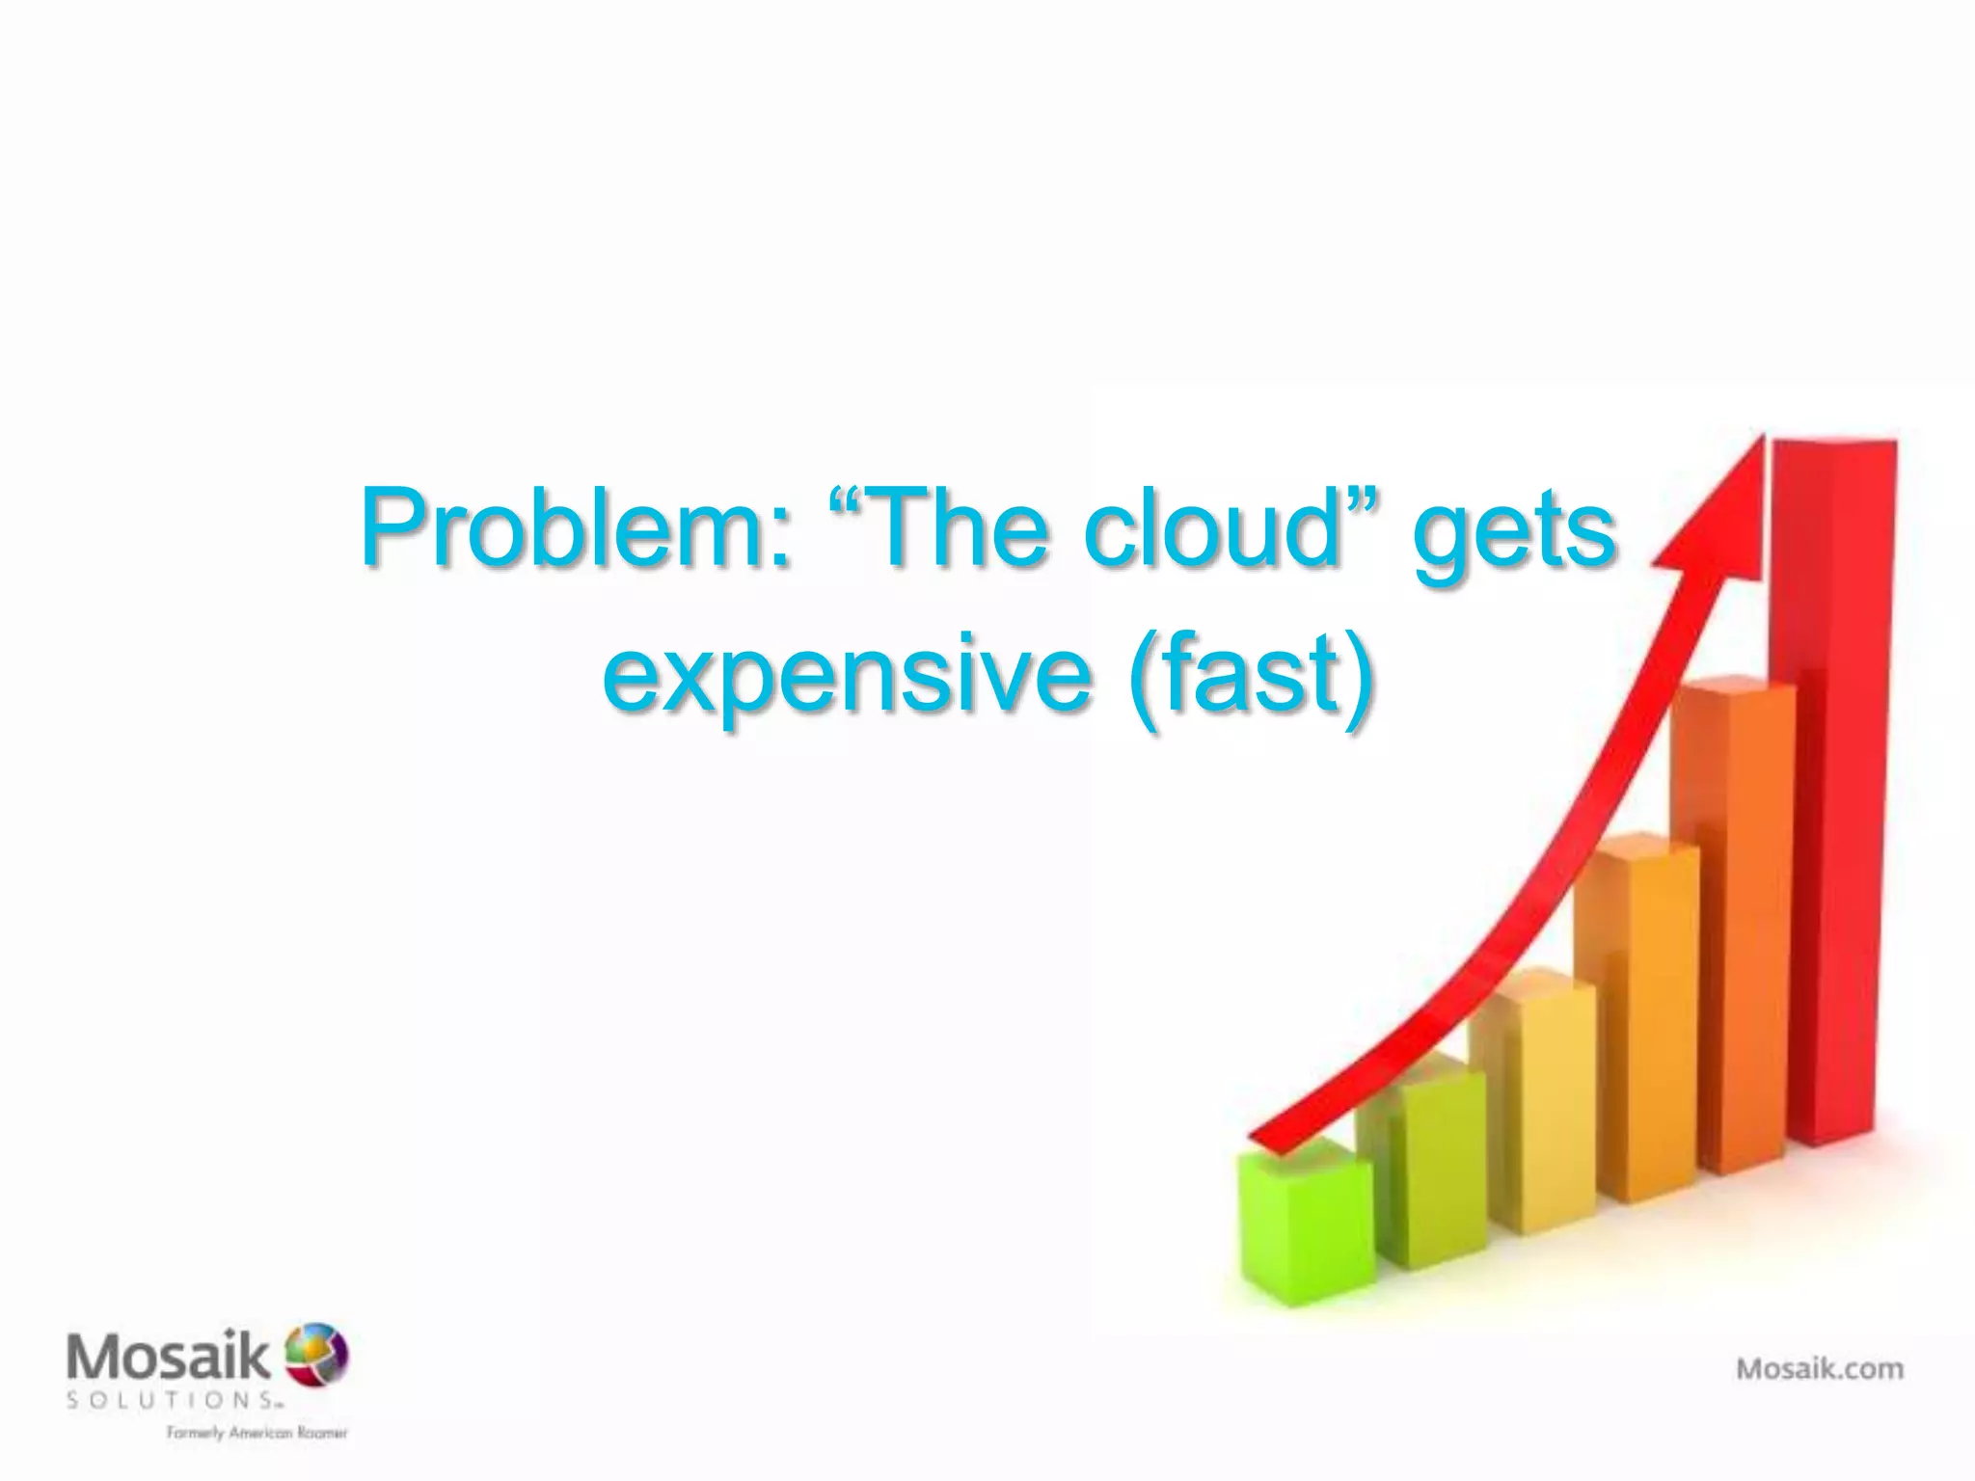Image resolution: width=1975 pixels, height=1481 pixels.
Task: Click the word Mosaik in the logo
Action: tap(169, 1358)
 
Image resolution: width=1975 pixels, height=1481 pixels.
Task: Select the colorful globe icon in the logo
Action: tap(316, 1354)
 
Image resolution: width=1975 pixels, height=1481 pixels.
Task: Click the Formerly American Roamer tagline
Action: tap(257, 1433)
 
